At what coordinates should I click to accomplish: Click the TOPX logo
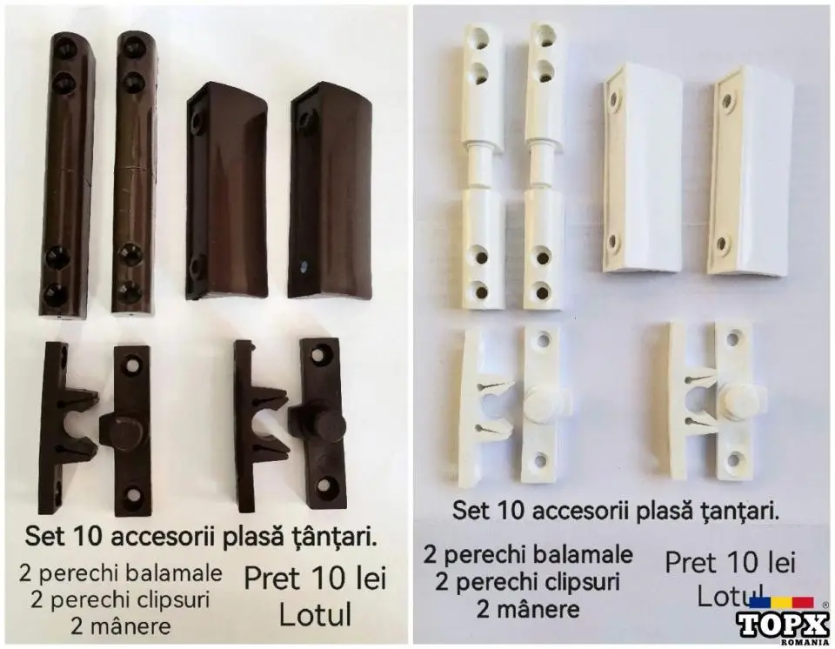782,622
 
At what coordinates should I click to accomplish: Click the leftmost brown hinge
68,174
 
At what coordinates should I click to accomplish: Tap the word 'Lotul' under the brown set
315,614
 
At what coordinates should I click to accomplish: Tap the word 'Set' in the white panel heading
471,511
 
